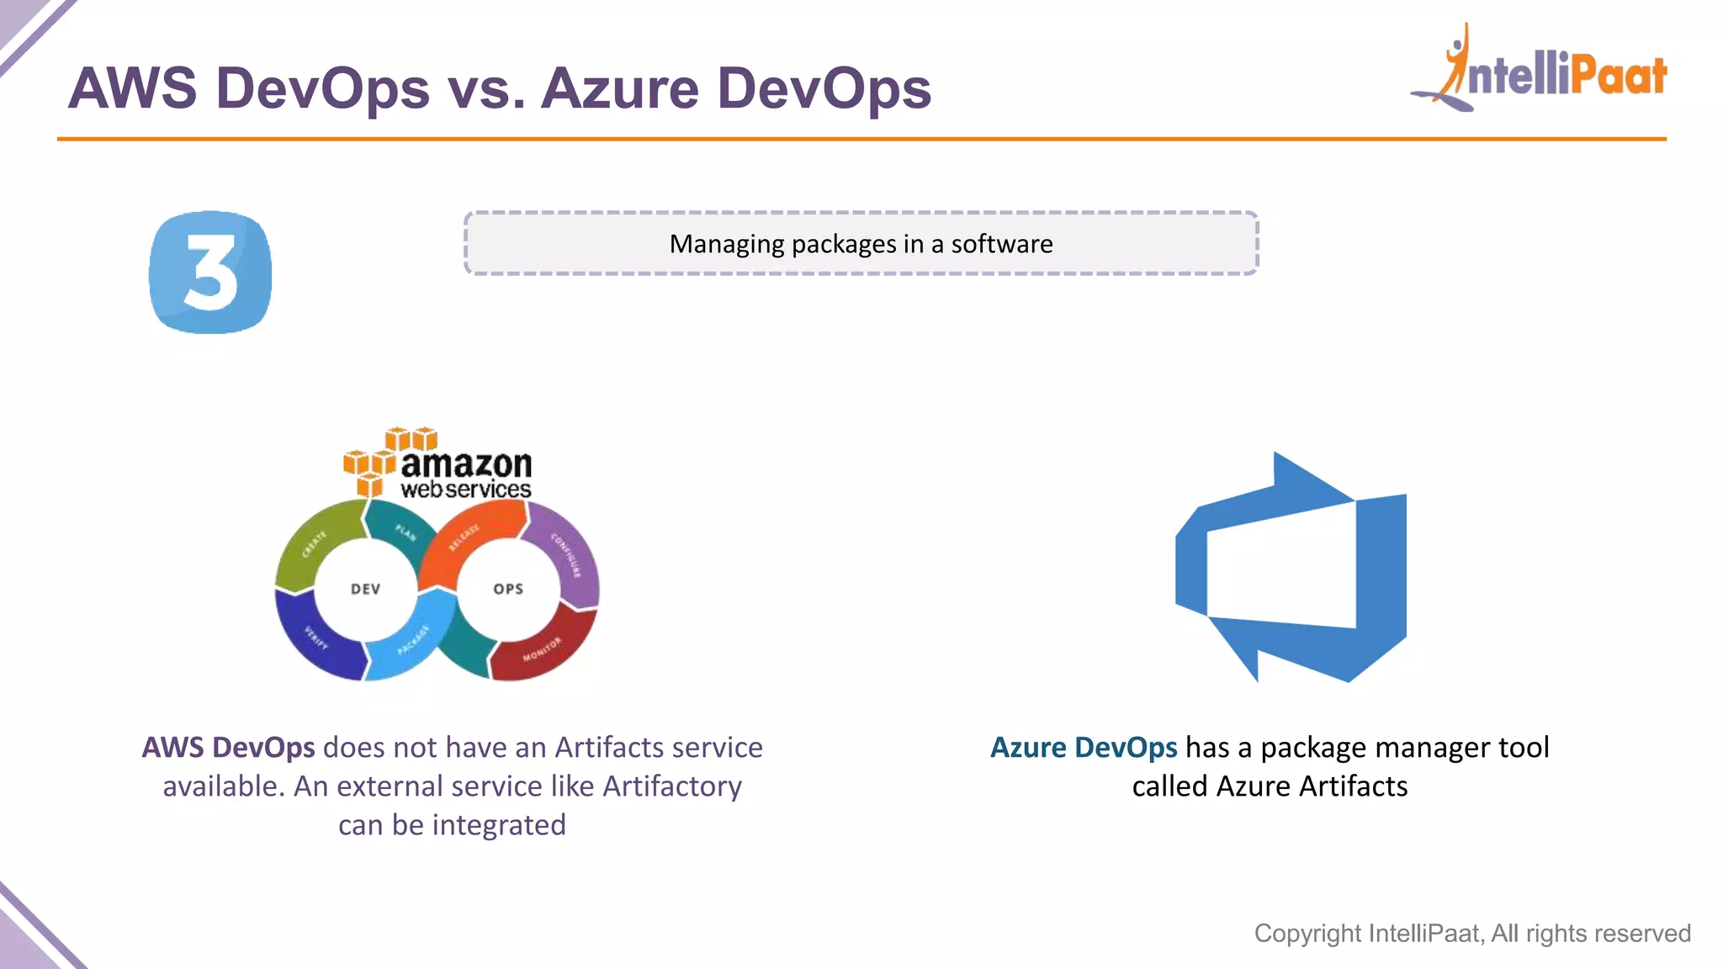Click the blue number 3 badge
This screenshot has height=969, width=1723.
pos(210,272)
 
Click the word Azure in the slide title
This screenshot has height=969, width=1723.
pos(619,88)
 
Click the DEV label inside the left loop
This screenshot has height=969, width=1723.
pos(365,589)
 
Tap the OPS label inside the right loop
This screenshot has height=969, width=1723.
pos(508,589)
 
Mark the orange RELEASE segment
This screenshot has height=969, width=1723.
pos(468,535)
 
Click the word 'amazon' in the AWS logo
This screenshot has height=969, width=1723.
pos(466,463)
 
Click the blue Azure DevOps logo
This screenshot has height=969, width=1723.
pos(1291,568)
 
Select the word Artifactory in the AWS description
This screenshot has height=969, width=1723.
pos(672,786)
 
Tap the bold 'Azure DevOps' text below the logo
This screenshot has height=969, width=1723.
pos(1084,748)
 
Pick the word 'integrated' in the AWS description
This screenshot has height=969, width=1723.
pos(499,826)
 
